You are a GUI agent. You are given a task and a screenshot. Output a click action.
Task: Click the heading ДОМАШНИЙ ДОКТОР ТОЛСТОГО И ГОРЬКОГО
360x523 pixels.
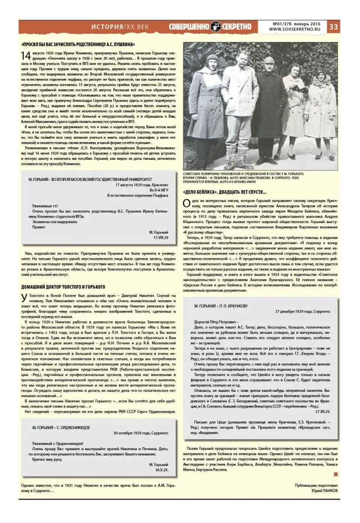[63, 287]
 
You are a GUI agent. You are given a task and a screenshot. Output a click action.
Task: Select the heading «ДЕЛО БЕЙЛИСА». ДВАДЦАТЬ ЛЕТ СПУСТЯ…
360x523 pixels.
[225, 192]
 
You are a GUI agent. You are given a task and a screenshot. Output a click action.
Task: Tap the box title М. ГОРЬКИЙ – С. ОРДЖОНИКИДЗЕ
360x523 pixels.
[61, 428]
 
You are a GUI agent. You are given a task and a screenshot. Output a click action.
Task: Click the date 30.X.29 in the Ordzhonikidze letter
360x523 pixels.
[160, 471]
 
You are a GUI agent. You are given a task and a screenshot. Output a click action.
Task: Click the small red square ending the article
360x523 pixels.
[336, 474]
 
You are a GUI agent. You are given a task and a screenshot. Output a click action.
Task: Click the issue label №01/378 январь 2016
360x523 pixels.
[298, 24]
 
